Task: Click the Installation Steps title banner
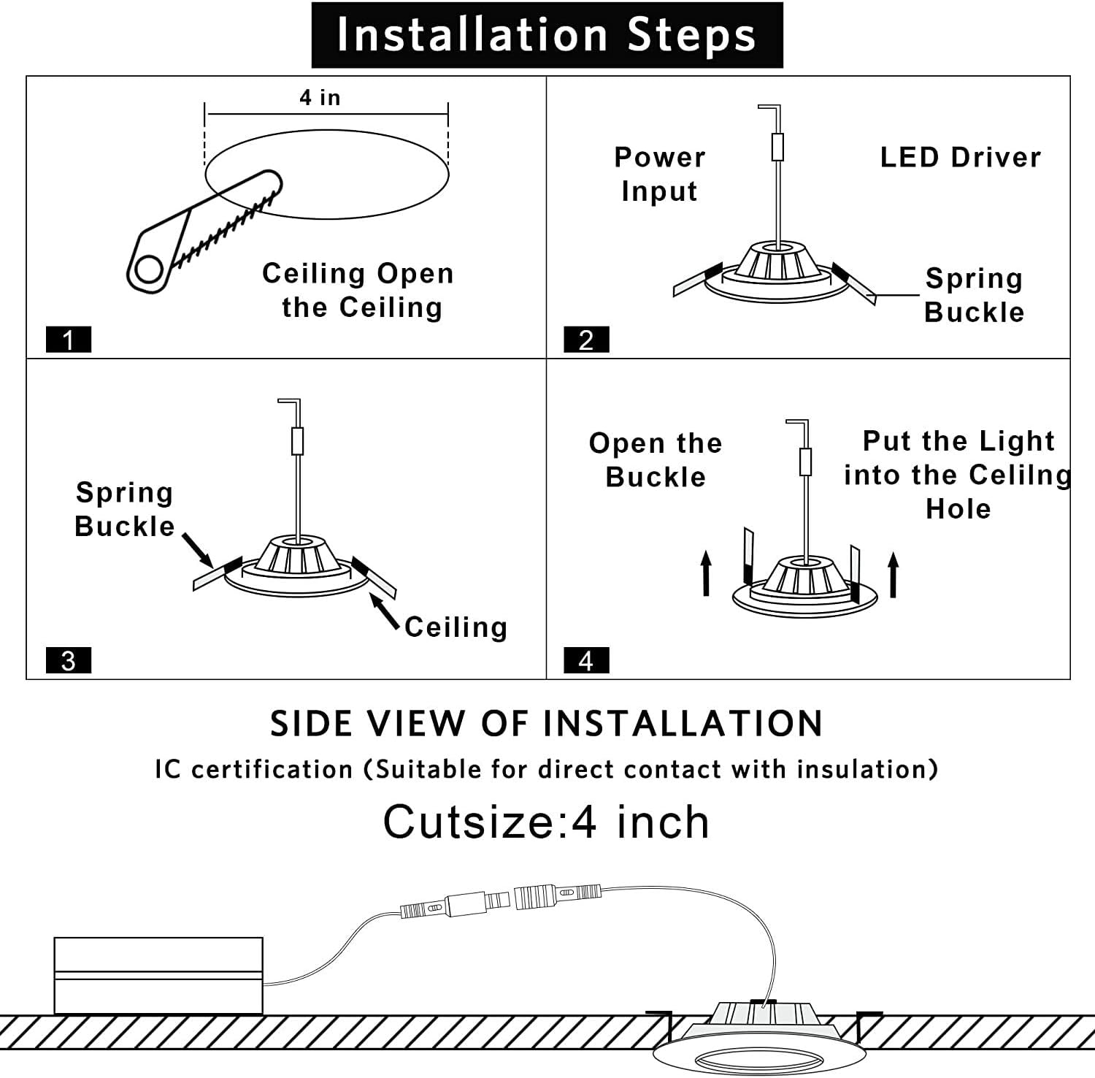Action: pyautogui.click(x=547, y=35)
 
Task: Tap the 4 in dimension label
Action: pyautogui.click(x=320, y=97)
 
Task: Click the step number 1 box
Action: pyautogui.click(x=69, y=340)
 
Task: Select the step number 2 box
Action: pyautogui.click(x=586, y=340)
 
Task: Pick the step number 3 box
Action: pyautogui.click(x=69, y=660)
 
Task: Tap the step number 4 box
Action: pyautogui.click(x=586, y=660)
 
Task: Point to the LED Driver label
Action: pyautogui.click(x=960, y=157)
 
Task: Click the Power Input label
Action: pyautogui.click(x=660, y=174)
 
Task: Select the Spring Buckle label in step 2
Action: pyautogui.click(x=974, y=295)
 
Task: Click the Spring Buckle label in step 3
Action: pyautogui.click(x=125, y=509)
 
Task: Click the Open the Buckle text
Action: pyautogui.click(x=656, y=459)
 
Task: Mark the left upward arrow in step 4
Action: pyautogui.click(x=706, y=573)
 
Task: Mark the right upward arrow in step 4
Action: pyautogui.click(x=893, y=575)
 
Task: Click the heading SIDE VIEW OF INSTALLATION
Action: pyautogui.click(x=547, y=723)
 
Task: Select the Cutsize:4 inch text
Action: pyautogui.click(x=547, y=822)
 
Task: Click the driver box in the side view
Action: pyautogui.click(x=158, y=975)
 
